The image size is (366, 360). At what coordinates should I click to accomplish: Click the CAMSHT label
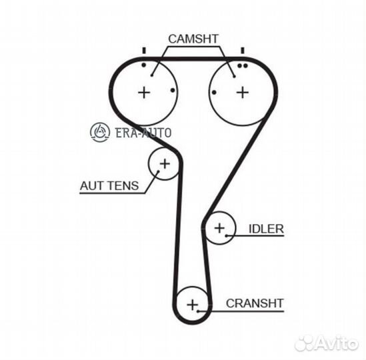[x=193, y=39]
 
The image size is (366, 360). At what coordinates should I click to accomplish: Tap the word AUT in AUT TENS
[x=92, y=186]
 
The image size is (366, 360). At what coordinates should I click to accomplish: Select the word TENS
[x=124, y=186]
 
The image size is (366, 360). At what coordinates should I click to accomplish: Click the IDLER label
[x=266, y=229]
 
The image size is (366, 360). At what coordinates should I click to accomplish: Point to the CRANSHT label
[x=255, y=303]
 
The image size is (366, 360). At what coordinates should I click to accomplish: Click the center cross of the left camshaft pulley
[x=144, y=93]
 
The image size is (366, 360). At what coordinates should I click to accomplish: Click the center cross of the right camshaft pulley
[x=243, y=93]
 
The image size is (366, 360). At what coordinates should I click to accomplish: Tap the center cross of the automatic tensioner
[x=165, y=163]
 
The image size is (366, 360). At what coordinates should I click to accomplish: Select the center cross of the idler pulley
[x=219, y=228]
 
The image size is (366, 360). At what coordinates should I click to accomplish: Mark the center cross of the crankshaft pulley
[x=193, y=305]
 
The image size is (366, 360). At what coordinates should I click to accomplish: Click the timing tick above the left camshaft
[x=144, y=51]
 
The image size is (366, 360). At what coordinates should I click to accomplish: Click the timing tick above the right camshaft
[x=243, y=51]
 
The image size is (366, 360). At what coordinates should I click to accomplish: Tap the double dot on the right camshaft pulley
[x=242, y=66]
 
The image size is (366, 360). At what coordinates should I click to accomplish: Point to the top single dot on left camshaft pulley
[x=144, y=65]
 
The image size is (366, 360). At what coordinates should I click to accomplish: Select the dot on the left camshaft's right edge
[x=173, y=90]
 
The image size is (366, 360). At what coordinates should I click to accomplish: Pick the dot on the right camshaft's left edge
[x=214, y=93]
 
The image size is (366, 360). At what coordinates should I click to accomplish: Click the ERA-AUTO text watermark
[x=143, y=133]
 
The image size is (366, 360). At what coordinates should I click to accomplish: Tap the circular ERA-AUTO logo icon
[x=100, y=132]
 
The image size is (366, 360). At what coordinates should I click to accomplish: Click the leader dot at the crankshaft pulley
[x=198, y=311]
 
